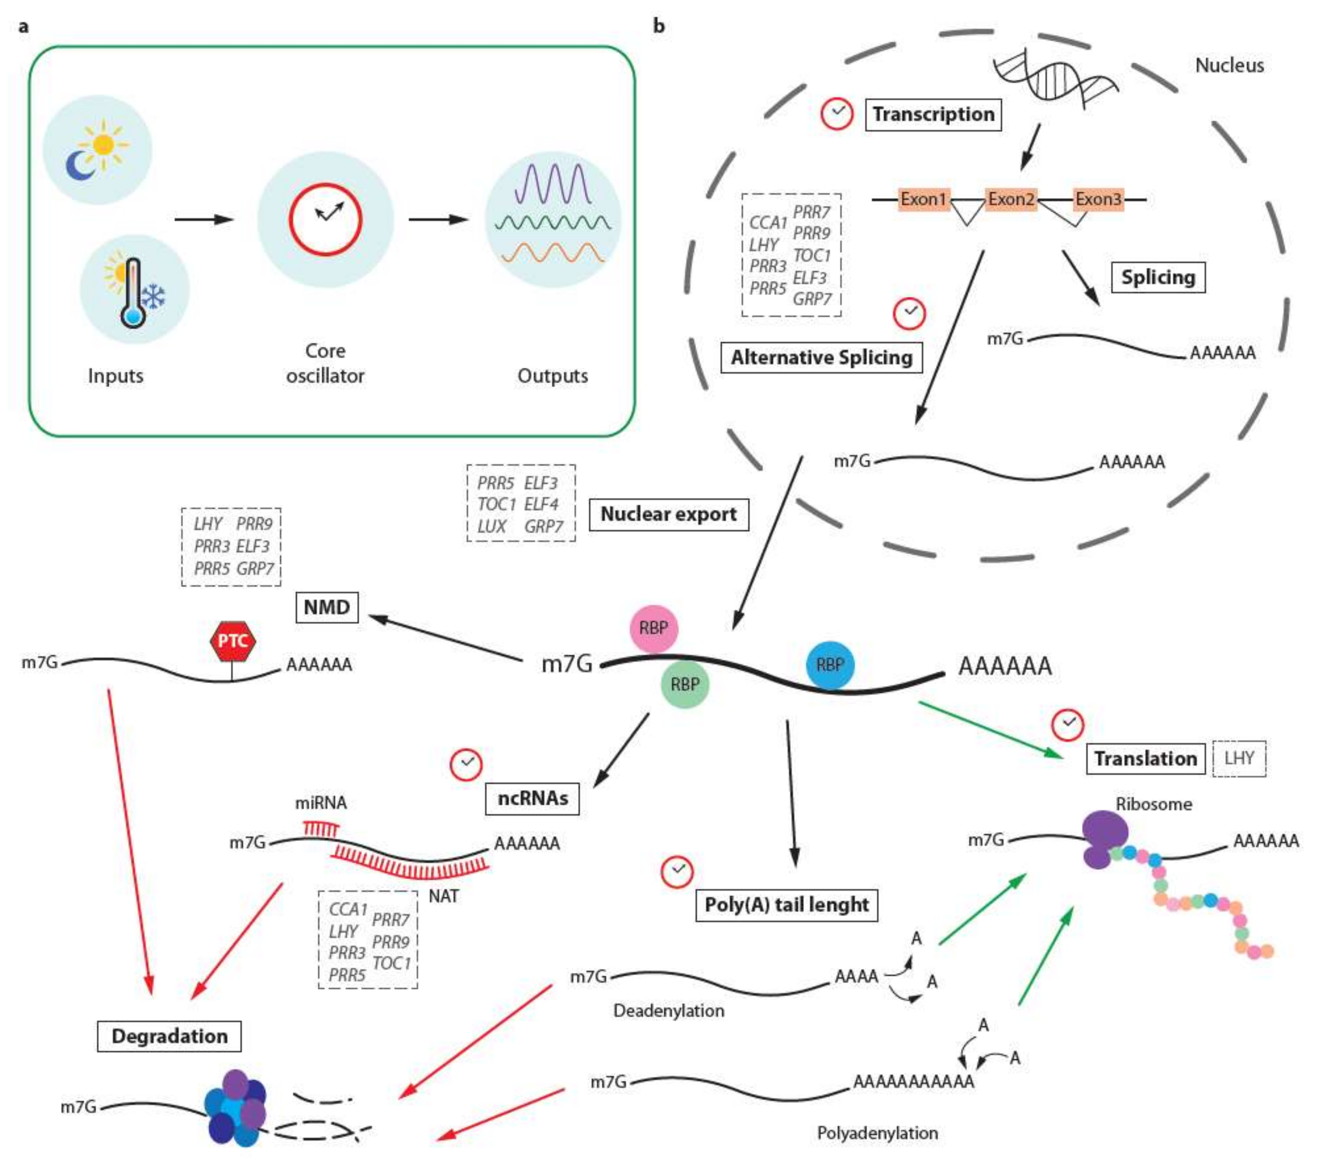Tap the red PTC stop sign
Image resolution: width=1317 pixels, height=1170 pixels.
pyautogui.click(x=232, y=641)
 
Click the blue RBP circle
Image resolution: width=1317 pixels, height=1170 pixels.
pyautogui.click(x=830, y=665)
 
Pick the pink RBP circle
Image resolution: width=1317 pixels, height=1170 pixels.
pyautogui.click(x=653, y=628)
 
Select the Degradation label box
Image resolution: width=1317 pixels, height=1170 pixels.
pyautogui.click(x=170, y=1036)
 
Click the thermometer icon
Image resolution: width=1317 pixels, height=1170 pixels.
pyautogui.click(x=133, y=293)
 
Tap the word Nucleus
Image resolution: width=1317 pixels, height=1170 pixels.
pyautogui.click(x=1229, y=66)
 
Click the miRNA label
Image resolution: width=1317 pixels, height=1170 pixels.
pyautogui.click(x=321, y=803)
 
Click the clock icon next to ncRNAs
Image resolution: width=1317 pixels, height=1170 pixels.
pyautogui.click(x=465, y=765)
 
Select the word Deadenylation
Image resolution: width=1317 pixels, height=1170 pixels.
pyautogui.click(x=668, y=1011)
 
